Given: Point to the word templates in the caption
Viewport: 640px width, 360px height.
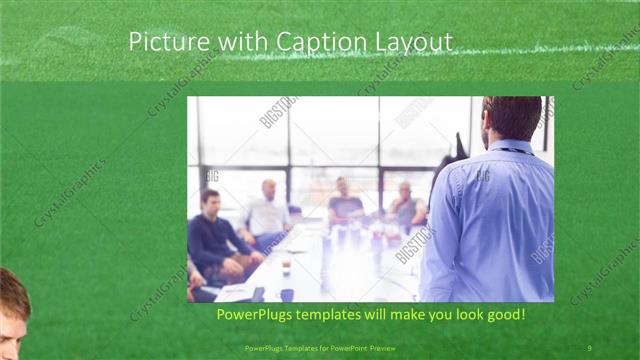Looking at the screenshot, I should pyautogui.click(x=346, y=315).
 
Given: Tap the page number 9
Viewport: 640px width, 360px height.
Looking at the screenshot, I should pyautogui.click(x=590, y=348).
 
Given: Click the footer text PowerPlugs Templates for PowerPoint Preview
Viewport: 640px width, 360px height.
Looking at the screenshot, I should pyautogui.click(x=319, y=348).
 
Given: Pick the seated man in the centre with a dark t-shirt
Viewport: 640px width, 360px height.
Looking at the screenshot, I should pyautogui.click(x=345, y=203).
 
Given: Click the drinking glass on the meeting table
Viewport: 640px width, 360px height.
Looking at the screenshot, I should pyautogui.click(x=286, y=265).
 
